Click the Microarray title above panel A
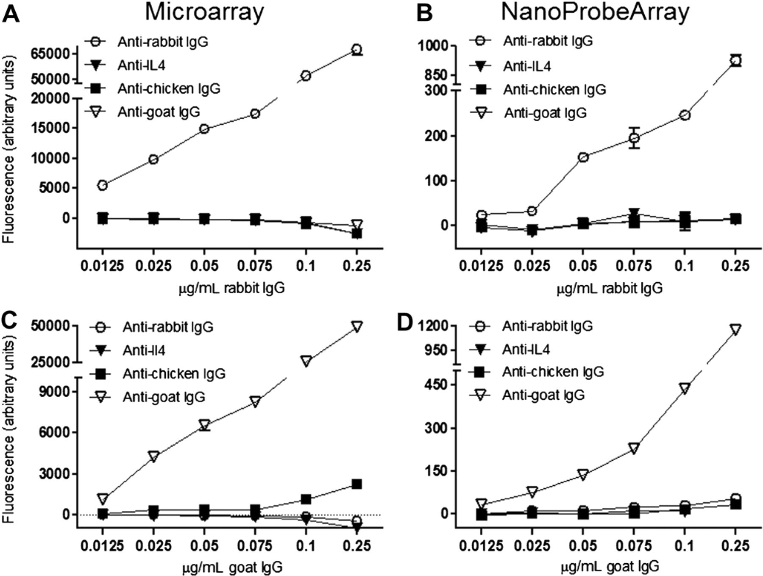204,12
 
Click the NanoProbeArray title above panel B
595,12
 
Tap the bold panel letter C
11,324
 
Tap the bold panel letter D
404,323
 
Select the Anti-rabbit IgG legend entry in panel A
146,42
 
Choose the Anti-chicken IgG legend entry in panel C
157,373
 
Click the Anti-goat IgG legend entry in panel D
527,395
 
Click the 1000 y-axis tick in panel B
433,45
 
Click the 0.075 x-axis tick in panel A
255,266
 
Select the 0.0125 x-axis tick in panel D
481,545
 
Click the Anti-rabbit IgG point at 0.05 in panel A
204,129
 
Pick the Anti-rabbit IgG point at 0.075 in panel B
634,138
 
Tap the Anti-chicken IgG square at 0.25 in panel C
357,484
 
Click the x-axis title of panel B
609,288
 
